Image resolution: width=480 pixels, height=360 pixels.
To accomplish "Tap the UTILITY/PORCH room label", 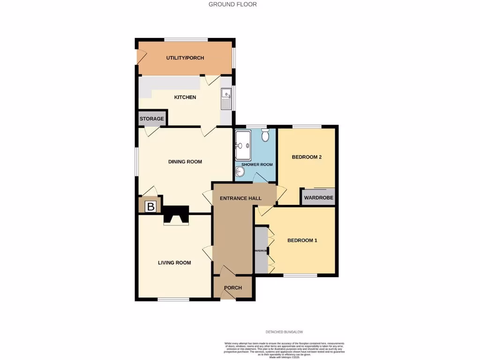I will click(x=185, y=58).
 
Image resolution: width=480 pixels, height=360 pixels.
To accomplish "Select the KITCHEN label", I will click(x=185, y=97).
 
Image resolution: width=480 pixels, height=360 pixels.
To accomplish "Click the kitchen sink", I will click(x=226, y=99).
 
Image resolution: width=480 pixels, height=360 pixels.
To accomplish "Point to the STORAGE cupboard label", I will click(x=152, y=119).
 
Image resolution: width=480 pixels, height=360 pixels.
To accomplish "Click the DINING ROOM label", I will click(x=185, y=162).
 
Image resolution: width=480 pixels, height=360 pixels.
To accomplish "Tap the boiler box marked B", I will click(x=150, y=206).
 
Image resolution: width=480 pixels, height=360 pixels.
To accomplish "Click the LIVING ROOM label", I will click(x=174, y=263).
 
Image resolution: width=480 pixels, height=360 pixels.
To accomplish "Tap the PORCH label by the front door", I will click(x=233, y=288).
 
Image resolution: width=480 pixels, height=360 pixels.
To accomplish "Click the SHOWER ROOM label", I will click(x=257, y=165).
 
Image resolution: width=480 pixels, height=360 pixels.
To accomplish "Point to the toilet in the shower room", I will click(x=265, y=136).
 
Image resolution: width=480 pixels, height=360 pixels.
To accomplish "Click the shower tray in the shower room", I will click(x=244, y=145).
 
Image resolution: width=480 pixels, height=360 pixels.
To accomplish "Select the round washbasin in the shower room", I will click(x=240, y=172).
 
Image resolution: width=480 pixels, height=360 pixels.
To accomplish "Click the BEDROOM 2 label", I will click(x=307, y=157).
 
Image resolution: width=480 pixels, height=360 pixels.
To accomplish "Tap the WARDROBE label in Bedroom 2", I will click(x=319, y=198).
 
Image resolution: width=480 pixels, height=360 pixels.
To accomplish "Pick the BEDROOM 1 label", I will click(x=302, y=240).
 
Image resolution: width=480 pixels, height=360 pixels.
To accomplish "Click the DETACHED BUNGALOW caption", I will click(x=285, y=332).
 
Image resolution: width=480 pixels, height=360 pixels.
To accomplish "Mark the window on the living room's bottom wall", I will click(x=173, y=300).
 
